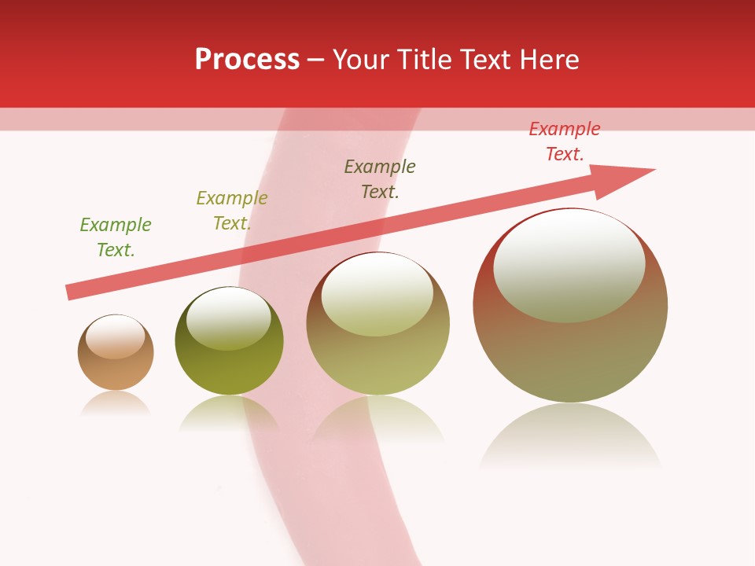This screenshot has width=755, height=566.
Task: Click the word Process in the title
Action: (247, 60)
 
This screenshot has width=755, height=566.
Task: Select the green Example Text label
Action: (116, 237)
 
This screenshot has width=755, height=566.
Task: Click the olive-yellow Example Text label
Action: (231, 211)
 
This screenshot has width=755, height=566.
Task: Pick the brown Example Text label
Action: (380, 179)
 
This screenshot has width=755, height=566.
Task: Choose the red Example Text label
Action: (565, 141)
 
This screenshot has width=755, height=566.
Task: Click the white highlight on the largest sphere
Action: (569, 266)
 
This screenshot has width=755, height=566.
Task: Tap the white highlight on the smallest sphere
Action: (116, 337)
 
